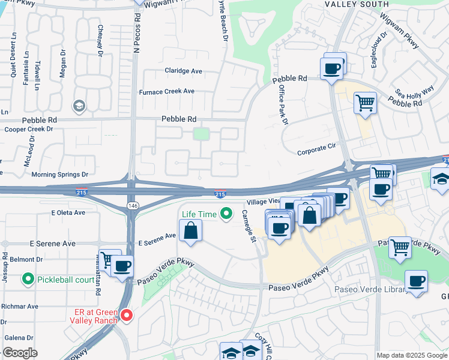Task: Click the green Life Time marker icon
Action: [226, 213]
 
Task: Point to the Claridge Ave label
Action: [184, 71]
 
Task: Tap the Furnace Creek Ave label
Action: [167, 91]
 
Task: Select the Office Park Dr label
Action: [283, 105]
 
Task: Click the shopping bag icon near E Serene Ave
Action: [190, 230]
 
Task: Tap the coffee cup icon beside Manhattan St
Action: [122, 266]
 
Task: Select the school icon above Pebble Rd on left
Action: [79, 106]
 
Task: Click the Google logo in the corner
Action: [20, 353]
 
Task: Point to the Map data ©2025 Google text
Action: [412, 355]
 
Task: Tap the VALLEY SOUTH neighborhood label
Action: [352, 4]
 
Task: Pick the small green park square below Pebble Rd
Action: [202, 133]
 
